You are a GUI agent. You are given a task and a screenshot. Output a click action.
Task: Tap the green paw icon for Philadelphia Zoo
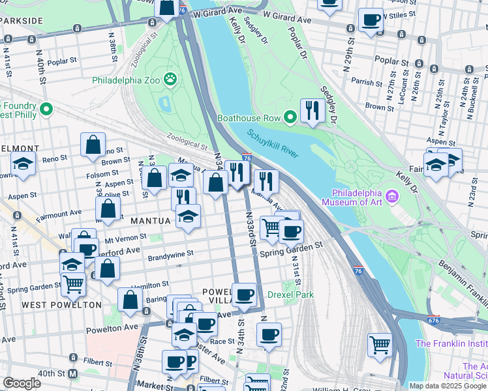[171, 79]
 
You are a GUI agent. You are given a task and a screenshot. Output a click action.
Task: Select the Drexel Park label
[290, 295]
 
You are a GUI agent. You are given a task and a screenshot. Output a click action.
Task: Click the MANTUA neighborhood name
[151, 221]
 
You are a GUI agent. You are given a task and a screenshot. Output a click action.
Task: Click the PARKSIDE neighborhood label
[21, 21]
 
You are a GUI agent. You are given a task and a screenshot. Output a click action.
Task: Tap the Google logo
[22, 383]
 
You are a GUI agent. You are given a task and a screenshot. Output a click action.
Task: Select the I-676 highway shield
[435, 319]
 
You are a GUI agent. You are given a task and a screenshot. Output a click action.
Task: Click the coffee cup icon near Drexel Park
[245, 295]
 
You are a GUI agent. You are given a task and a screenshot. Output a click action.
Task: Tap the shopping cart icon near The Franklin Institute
[380, 343]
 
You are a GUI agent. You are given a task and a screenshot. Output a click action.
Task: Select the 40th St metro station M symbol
[72, 373]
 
